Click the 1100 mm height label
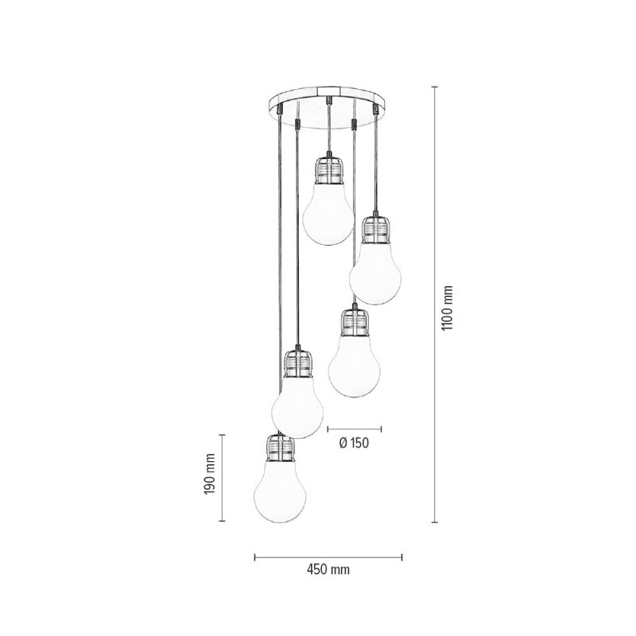pos(448,308)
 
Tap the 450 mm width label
pos(328,570)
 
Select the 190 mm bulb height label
pos(209,477)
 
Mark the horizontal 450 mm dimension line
pos(328,556)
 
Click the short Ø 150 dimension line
pos(355,428)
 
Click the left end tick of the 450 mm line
pos(254,556)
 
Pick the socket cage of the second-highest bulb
pos(375,229)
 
